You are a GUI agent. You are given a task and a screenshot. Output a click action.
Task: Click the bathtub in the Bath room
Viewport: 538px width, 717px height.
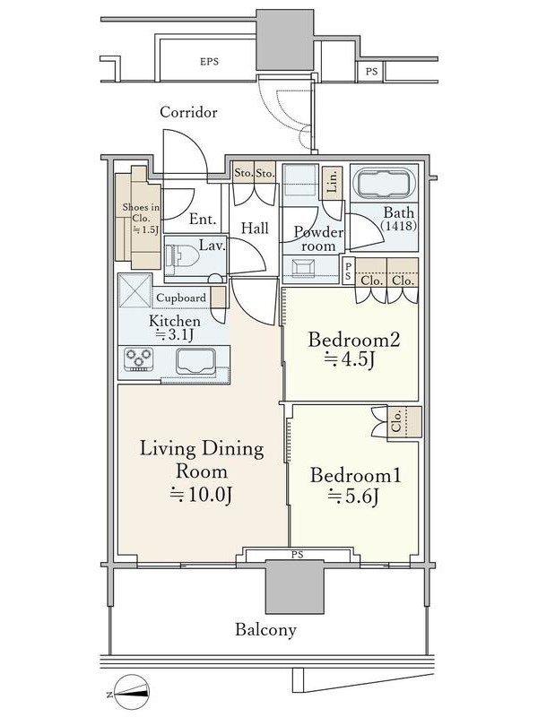click(384, 184)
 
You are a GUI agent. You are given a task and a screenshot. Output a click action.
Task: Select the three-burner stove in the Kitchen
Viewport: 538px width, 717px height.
click(138, 359)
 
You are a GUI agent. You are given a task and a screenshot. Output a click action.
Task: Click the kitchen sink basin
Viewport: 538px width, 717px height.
click(195, 361)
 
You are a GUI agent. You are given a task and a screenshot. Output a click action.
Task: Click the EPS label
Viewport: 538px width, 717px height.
click(209, 61)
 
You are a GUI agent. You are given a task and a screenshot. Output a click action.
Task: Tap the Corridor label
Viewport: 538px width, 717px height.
click(188, 112)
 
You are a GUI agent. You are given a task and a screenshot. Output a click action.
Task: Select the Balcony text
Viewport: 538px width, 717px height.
click(265, 630)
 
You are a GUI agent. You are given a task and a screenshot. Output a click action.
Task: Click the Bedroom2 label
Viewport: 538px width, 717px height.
click(354, 340)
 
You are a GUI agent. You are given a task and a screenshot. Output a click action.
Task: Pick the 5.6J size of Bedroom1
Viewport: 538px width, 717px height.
click(352, 497)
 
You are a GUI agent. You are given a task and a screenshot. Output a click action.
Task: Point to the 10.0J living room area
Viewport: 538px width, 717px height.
click(202, 495)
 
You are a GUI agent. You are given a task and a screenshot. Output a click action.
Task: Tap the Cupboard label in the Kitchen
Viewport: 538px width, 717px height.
click(181, 298)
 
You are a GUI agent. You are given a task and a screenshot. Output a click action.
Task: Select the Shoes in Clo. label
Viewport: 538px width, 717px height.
click(141, 219)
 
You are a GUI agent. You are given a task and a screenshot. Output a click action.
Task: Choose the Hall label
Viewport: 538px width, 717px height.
click(255, 228)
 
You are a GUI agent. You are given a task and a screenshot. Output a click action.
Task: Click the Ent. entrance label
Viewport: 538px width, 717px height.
click(203, 219)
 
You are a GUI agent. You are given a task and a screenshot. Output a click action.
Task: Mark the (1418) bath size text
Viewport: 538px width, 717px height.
click(398, 226)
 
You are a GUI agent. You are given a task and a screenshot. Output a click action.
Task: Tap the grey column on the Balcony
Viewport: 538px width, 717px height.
click(296, 587)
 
